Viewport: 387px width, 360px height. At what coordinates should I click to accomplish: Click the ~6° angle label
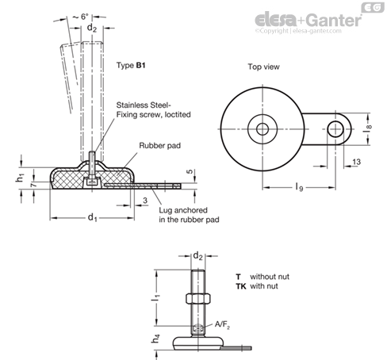pyautogui.click(x=81, y=17)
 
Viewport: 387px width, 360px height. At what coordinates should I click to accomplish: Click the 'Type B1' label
pyautogui.click(x=131, y=65)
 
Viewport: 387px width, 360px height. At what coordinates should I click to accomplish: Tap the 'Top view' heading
pyautogui.click(x=263, y=67)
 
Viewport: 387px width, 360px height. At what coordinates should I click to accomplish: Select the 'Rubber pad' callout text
pyautogui.click(x=160, y=146)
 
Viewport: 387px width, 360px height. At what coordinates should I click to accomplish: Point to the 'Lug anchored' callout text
pyautogui.click(x=183, y=210)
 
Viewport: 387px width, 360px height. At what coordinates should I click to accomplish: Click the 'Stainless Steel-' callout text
pyautogui.click(x=144, y=105)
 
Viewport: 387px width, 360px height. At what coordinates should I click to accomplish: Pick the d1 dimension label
pyautogui.click(x=92, y=217)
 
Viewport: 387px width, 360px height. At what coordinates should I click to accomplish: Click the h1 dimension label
pyautogui.click(x=20, y=178)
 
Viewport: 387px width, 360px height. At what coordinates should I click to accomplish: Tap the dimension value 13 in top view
pyautogui.click(x=357, y=162)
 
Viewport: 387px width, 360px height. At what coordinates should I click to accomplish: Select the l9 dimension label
pyautogui.click(x=299, y=187)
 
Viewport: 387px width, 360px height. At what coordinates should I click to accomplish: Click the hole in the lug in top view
pyautogui.click(x=335, y=129)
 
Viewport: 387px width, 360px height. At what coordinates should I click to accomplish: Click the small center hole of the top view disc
pyautogui.click(x=262, y=129)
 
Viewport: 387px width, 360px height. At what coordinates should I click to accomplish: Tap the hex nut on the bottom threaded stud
pyautogui.click(x=198, y=298)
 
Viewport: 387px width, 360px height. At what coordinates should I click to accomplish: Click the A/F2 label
pyautogui.click(x=222, y=324)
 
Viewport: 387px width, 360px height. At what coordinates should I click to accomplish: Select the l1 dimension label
pyautogui.click(x=156, y=297)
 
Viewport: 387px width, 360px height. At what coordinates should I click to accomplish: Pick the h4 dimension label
pyautogui.click(x=155, y=339)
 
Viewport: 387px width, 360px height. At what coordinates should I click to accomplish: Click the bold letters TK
pyautogui.click(x=241, y=286)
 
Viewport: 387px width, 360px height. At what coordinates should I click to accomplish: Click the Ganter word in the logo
pyautogui.click(x=335, y=20)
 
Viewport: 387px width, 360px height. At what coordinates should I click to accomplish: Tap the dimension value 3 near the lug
pyautogui.click(x=145, y=201)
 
